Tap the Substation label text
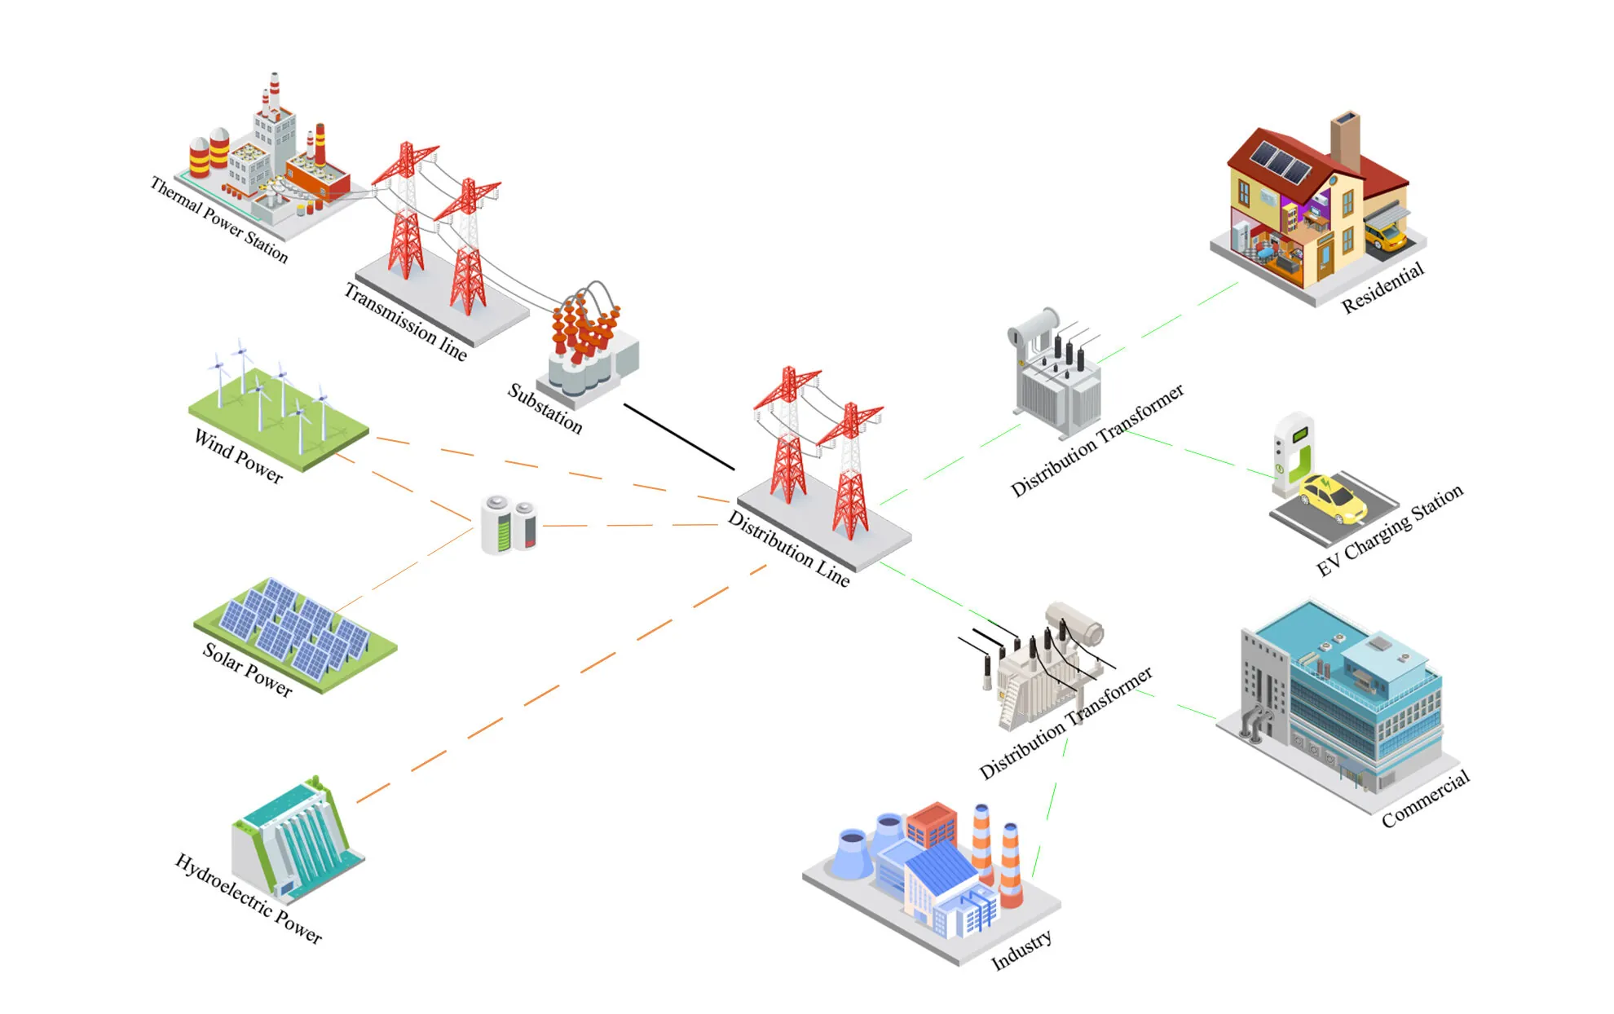(545, 408)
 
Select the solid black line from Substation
(679, 437)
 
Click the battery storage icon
(508, 524)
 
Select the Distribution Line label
(788, 549)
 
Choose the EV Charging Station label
(1390, 531)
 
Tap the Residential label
(1382, 288)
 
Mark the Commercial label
(1425, 799)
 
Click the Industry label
(1021, 950)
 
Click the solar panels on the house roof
(1281, 162)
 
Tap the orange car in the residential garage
(1385, 236)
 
